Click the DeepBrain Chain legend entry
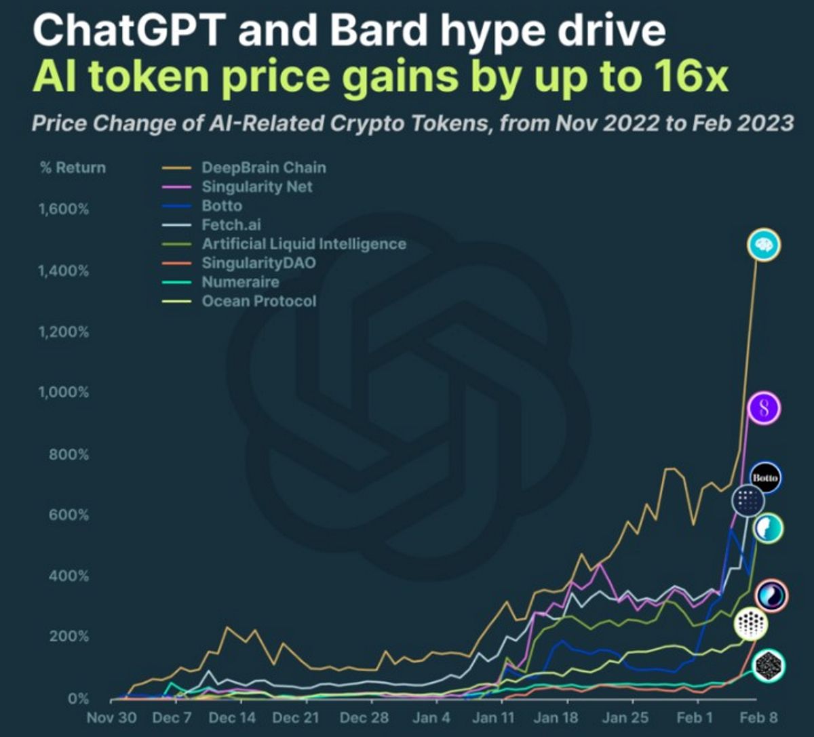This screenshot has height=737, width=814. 264,167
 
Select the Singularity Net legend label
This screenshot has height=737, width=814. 257,186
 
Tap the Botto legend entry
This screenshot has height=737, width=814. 222,205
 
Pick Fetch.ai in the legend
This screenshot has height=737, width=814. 231,224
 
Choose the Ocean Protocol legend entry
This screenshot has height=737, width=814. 259,301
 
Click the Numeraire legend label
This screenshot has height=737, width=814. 241,282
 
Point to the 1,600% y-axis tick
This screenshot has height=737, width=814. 63,209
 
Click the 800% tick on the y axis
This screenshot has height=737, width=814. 69,454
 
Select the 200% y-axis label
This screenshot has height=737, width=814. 69,636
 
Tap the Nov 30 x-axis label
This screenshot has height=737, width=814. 111,717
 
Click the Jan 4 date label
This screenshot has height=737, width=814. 431,717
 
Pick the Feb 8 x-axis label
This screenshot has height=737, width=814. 758,717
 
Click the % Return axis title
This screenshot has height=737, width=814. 73,167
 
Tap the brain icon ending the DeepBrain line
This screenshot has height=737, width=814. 764,245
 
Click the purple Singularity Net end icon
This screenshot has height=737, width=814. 764,408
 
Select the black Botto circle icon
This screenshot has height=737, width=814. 765,478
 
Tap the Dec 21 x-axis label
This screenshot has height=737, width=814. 295,717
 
